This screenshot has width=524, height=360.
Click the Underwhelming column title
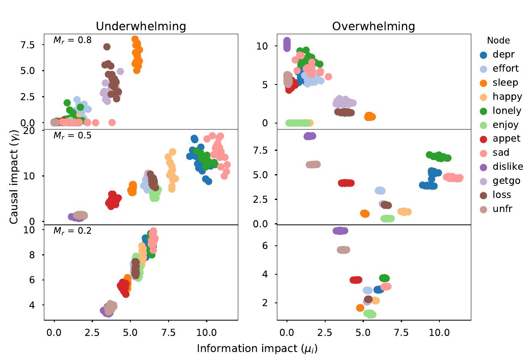click(x=140, y=27)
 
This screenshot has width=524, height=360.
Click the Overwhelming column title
click(x=373, y=27)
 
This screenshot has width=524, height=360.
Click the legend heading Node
click(x=498, y=40)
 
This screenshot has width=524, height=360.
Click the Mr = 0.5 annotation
click(x=72, y=135)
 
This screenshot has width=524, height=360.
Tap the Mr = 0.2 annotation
click(x=72, y=231)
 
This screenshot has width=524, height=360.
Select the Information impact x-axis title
click(x=258, y=348)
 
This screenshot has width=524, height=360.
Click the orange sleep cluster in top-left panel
click(x=137, y=54)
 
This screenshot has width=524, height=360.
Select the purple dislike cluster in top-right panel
click(x=287, y=44)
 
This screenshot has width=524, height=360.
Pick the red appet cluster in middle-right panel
click(x=346, y=183)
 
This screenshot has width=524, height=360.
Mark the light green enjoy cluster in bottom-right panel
click(x=369, y=314)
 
